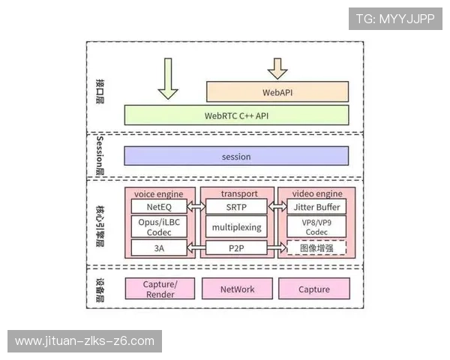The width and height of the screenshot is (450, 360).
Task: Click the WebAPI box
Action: (277, 92)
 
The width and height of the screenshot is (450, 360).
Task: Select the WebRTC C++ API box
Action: (236, 115)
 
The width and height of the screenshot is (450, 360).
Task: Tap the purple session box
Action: (236, 156)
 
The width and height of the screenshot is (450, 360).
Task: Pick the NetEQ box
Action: (159, 206)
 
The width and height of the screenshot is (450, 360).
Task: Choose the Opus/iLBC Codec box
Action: (159, 226)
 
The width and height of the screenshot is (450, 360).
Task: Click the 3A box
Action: (159, 247)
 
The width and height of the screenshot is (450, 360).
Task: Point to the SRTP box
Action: (236, 206)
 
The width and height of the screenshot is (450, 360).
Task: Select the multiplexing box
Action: (236, 226)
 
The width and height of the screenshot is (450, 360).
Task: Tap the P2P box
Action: (236, 247)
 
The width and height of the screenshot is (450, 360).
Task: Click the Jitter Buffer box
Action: (317, 206)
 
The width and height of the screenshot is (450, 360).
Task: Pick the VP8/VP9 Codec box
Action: (317, 226)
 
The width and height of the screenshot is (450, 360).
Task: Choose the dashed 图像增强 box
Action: (317, 247)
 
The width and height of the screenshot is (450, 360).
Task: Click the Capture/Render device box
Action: (159, 289)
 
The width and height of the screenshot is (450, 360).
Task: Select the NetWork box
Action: (237, 289)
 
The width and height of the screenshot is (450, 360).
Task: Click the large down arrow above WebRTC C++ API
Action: (168, 79)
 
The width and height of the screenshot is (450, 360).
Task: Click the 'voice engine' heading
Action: (159, 193)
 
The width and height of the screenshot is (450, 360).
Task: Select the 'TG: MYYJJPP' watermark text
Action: (395, 18)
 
